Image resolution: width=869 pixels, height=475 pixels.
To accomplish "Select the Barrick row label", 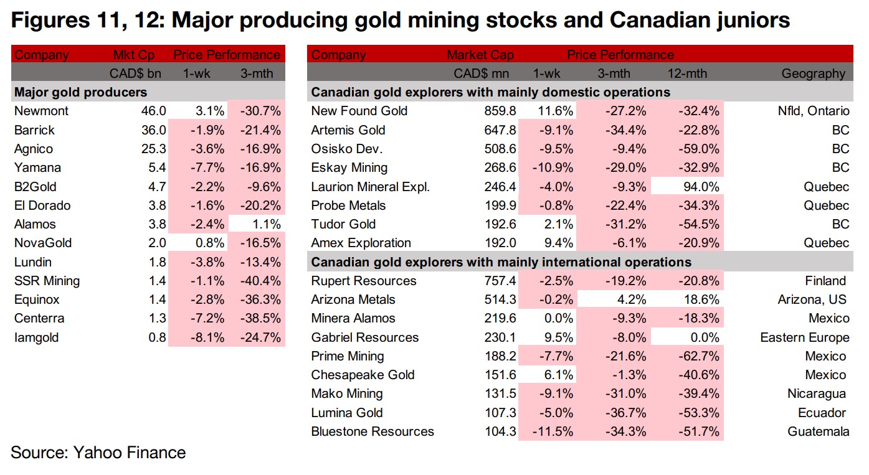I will pos(34,130).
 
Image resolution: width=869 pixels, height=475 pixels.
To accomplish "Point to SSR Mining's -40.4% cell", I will pos(260,281).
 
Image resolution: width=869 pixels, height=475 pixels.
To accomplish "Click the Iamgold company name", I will pos(37,337).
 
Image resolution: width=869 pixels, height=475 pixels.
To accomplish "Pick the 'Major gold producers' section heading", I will pos(80,93).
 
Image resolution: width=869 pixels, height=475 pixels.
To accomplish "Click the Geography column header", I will pos(814,73).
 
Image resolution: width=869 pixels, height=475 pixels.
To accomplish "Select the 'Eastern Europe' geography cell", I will pos(804,337).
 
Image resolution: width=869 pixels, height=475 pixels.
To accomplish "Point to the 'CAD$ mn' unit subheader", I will pos(482,73).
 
